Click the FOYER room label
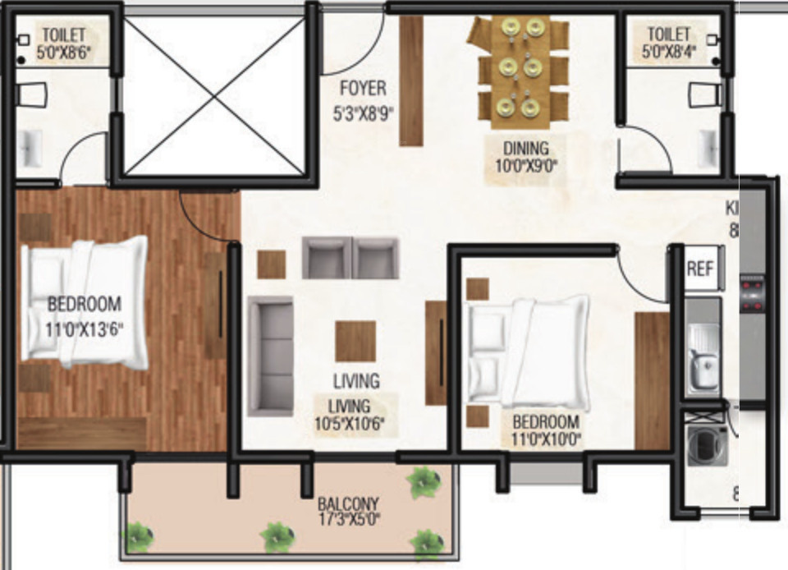coord(363,88)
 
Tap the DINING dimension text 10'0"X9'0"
coord(526,163)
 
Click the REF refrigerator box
coord(700,269)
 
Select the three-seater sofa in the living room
coord(271,356)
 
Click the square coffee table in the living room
coord(355,341)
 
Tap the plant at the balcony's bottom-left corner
coord(140,537)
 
